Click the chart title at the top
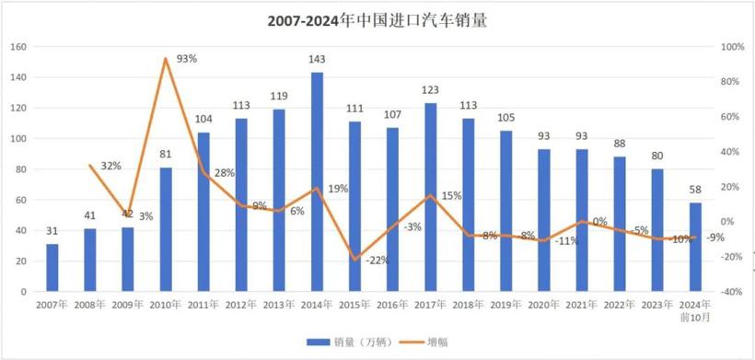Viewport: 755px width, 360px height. coord(377,19)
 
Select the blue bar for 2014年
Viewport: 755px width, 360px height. coord(317,181)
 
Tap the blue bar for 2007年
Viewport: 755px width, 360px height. coord(52,267)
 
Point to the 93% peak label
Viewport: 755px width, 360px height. coord(187,59)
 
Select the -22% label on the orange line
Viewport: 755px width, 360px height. coord(377,261)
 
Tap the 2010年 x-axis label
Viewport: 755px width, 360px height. coord(166,303)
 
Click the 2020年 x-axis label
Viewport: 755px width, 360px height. coord(543,303)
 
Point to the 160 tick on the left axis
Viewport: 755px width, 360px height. coord(17,47)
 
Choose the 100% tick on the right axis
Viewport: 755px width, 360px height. coord(732,47)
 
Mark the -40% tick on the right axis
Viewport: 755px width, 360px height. coord(732,291)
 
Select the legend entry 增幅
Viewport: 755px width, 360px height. coord(436,343)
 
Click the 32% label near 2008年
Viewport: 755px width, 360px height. coord(110,167)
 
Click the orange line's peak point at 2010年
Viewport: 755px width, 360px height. coord(166,59)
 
